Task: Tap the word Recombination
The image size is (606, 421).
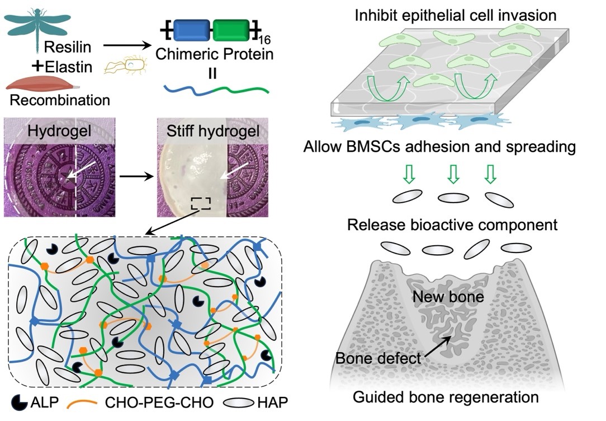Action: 59,101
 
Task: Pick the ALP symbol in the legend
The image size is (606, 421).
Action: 20,401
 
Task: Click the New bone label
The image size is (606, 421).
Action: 448,296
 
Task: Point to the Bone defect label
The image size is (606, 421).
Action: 377,358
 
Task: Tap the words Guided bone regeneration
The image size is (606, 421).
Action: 446,397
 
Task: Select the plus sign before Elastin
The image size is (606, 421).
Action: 38,66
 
